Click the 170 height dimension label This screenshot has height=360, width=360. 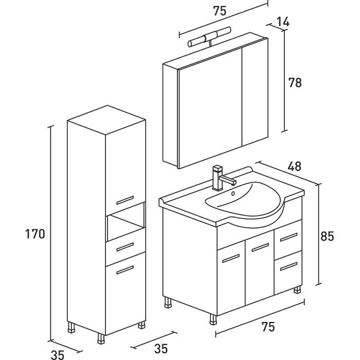pyautogui.click(x=35, y=234)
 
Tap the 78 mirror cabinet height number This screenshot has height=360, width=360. pyautogui.click(x=295, y=82)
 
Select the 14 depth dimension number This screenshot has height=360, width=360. pyautogui.click(x=283, y=22)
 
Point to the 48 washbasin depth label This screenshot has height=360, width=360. pyautogui.click(x=295, y=166)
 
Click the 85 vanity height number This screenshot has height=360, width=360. pyautogui.click(x=327, y=236)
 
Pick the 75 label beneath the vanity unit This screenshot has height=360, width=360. pyautogui.click(x=267, y=326)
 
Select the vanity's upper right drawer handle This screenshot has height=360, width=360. pyautogui.click(x=289, y=237)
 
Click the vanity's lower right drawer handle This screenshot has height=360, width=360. pyautogui.click(x=289, y=266)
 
